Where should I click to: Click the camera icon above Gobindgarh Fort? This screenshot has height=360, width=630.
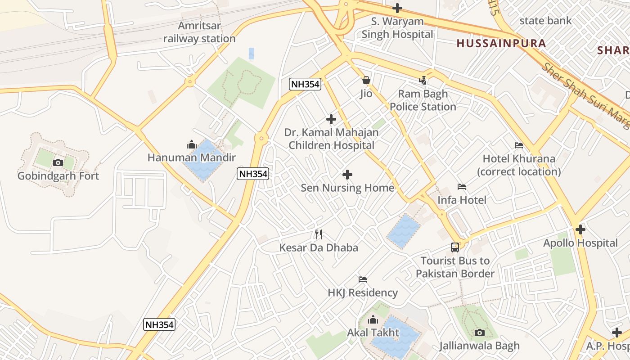tap(58, 162)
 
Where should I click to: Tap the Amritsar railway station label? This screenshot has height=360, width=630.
tap(199, 32)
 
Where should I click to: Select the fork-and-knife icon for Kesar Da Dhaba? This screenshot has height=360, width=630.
tap(319, 234)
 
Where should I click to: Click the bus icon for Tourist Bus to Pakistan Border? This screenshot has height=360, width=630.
tap(455, 247)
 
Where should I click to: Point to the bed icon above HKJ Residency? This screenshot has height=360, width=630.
tap(363, 279)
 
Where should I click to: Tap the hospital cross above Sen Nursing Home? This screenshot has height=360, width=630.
tap(347, 175)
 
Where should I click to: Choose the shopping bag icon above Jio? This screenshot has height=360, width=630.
tap(366, 81)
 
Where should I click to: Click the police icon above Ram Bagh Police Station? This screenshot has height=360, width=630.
tap(423, 81)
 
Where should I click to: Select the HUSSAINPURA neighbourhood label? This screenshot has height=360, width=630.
tap(501, 44)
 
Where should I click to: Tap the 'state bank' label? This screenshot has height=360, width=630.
tap(545, 21)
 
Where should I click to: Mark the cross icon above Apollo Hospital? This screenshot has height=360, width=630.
tap(580, 229)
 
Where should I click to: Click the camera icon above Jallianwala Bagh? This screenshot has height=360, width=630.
tap(480, 333)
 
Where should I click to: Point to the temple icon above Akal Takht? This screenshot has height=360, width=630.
tap(373, 319)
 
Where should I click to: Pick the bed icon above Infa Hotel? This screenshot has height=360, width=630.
tap(462, 187)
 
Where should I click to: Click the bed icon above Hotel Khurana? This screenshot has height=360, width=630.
tap(519, 145)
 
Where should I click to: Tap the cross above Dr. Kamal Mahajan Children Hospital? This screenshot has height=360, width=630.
tap(331, 119)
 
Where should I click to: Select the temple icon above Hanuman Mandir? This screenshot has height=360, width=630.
tap(192, 144)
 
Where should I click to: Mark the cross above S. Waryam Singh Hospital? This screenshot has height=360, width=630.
tap(397, 8)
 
